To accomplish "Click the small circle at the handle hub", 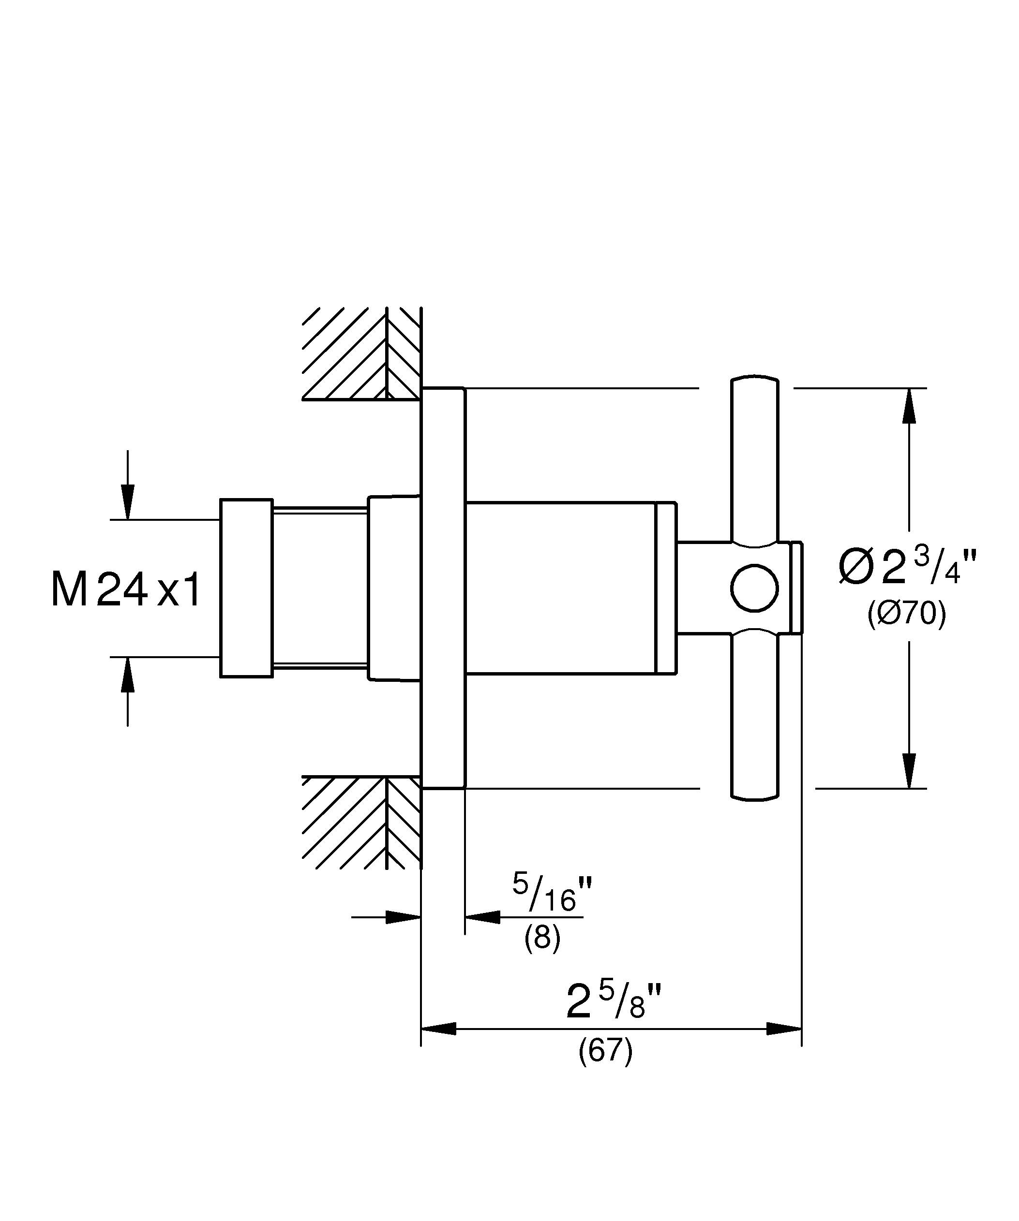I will (x=754, y=588).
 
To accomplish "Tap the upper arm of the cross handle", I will (x=754, y=459).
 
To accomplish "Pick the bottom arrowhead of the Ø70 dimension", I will (x=909, y=771).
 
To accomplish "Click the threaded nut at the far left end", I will (x=246, y=588).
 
